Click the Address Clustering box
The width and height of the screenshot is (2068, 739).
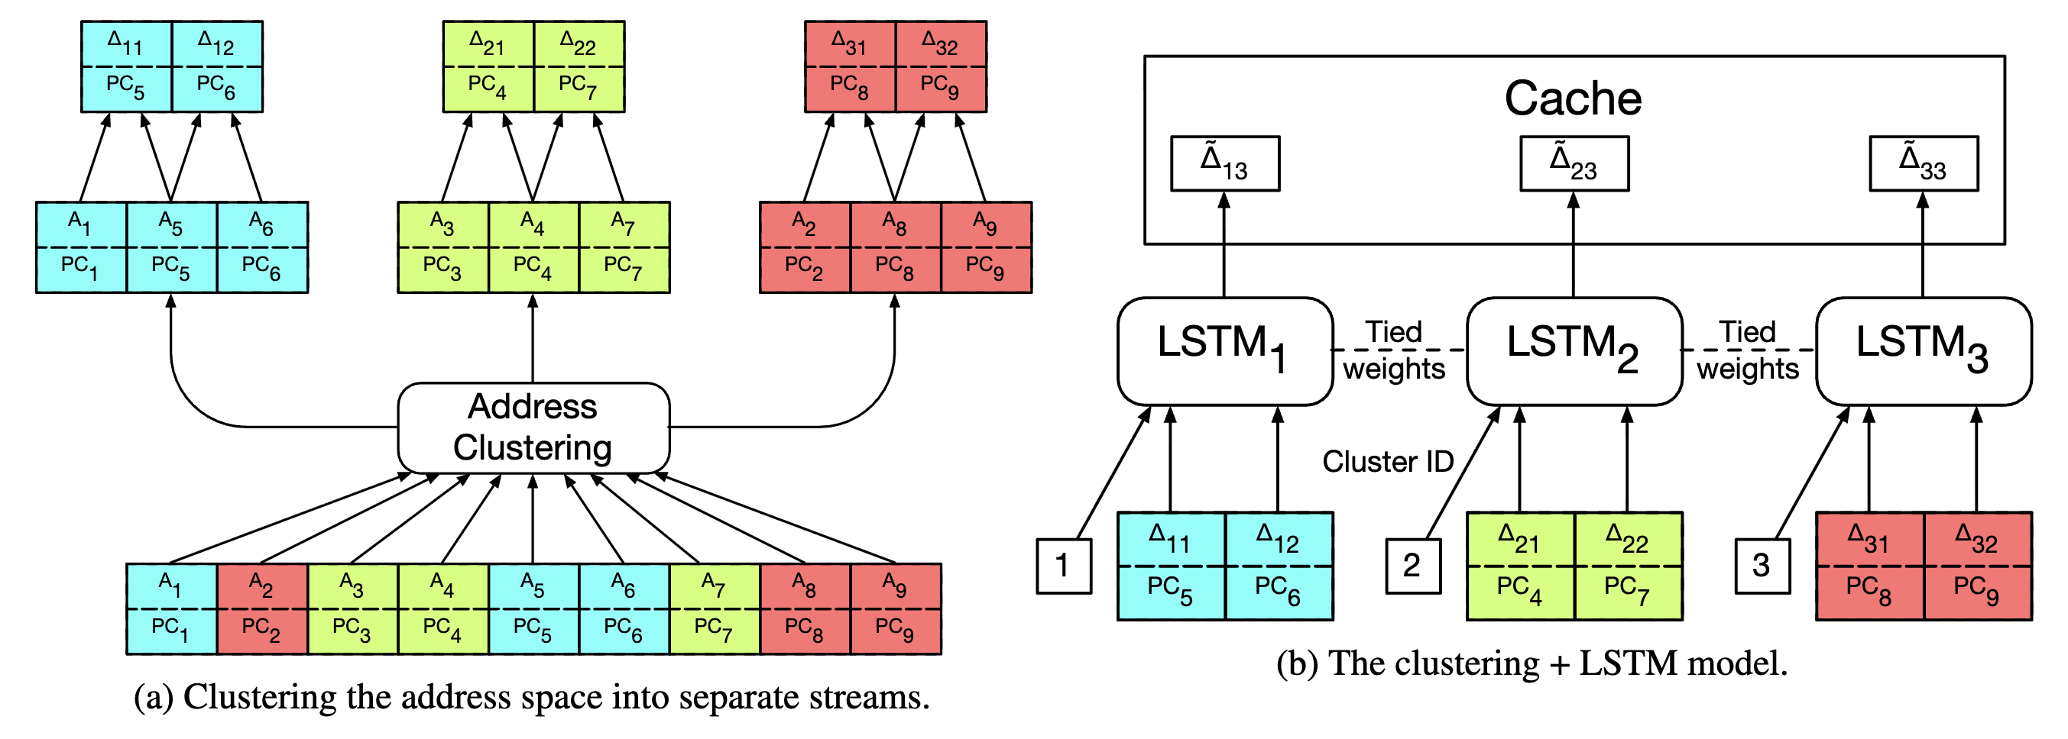[x=533, y=428]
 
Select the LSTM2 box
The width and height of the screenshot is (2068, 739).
[x=1574, y=351]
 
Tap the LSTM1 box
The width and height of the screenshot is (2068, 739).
[x=1224, y=351]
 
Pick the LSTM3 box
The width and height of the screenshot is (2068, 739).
[x=1924, y=351]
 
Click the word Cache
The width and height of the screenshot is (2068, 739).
[x=1573, y=98]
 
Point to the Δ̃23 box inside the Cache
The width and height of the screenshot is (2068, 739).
[x=1574, y=163]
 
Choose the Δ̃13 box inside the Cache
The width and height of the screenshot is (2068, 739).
[x=1224, y=163]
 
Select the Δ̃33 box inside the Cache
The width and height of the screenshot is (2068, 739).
[x=1923, y=163]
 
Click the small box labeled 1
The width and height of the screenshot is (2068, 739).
[x=1063, y=566]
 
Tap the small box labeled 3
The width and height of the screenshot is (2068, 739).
[x=1762, y=566]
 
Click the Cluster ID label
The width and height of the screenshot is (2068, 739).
[x=1388, y=461]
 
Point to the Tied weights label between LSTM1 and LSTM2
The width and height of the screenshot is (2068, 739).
[x=1395, y=350]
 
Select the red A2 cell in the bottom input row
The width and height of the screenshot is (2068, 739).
[x=261, y=608]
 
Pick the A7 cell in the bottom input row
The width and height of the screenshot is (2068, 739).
[x=714, y=608]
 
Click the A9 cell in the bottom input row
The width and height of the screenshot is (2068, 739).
[x=895, y=608]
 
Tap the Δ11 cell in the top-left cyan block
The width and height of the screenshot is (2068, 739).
[x=126, y=66]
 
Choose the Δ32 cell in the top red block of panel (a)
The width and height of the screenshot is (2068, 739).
[x=940, y=66]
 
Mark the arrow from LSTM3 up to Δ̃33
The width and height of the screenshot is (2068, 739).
[x=1922, y=249]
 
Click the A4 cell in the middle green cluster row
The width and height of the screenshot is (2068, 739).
[x=533, y=247]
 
